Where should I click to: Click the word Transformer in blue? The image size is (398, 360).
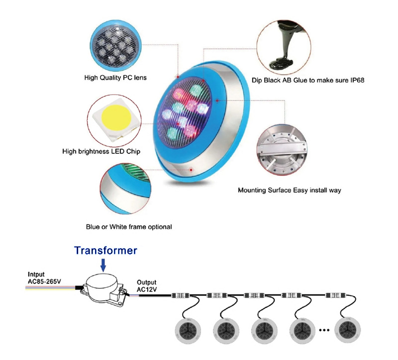(x=105, y=250)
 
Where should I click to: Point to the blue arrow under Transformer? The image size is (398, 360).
(x=103, y=264)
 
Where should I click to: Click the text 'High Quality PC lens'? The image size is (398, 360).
(x=115, y=78)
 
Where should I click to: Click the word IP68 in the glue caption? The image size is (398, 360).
(x=357, y=79)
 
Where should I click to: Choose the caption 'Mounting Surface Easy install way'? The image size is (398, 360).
(x=289, y=190)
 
